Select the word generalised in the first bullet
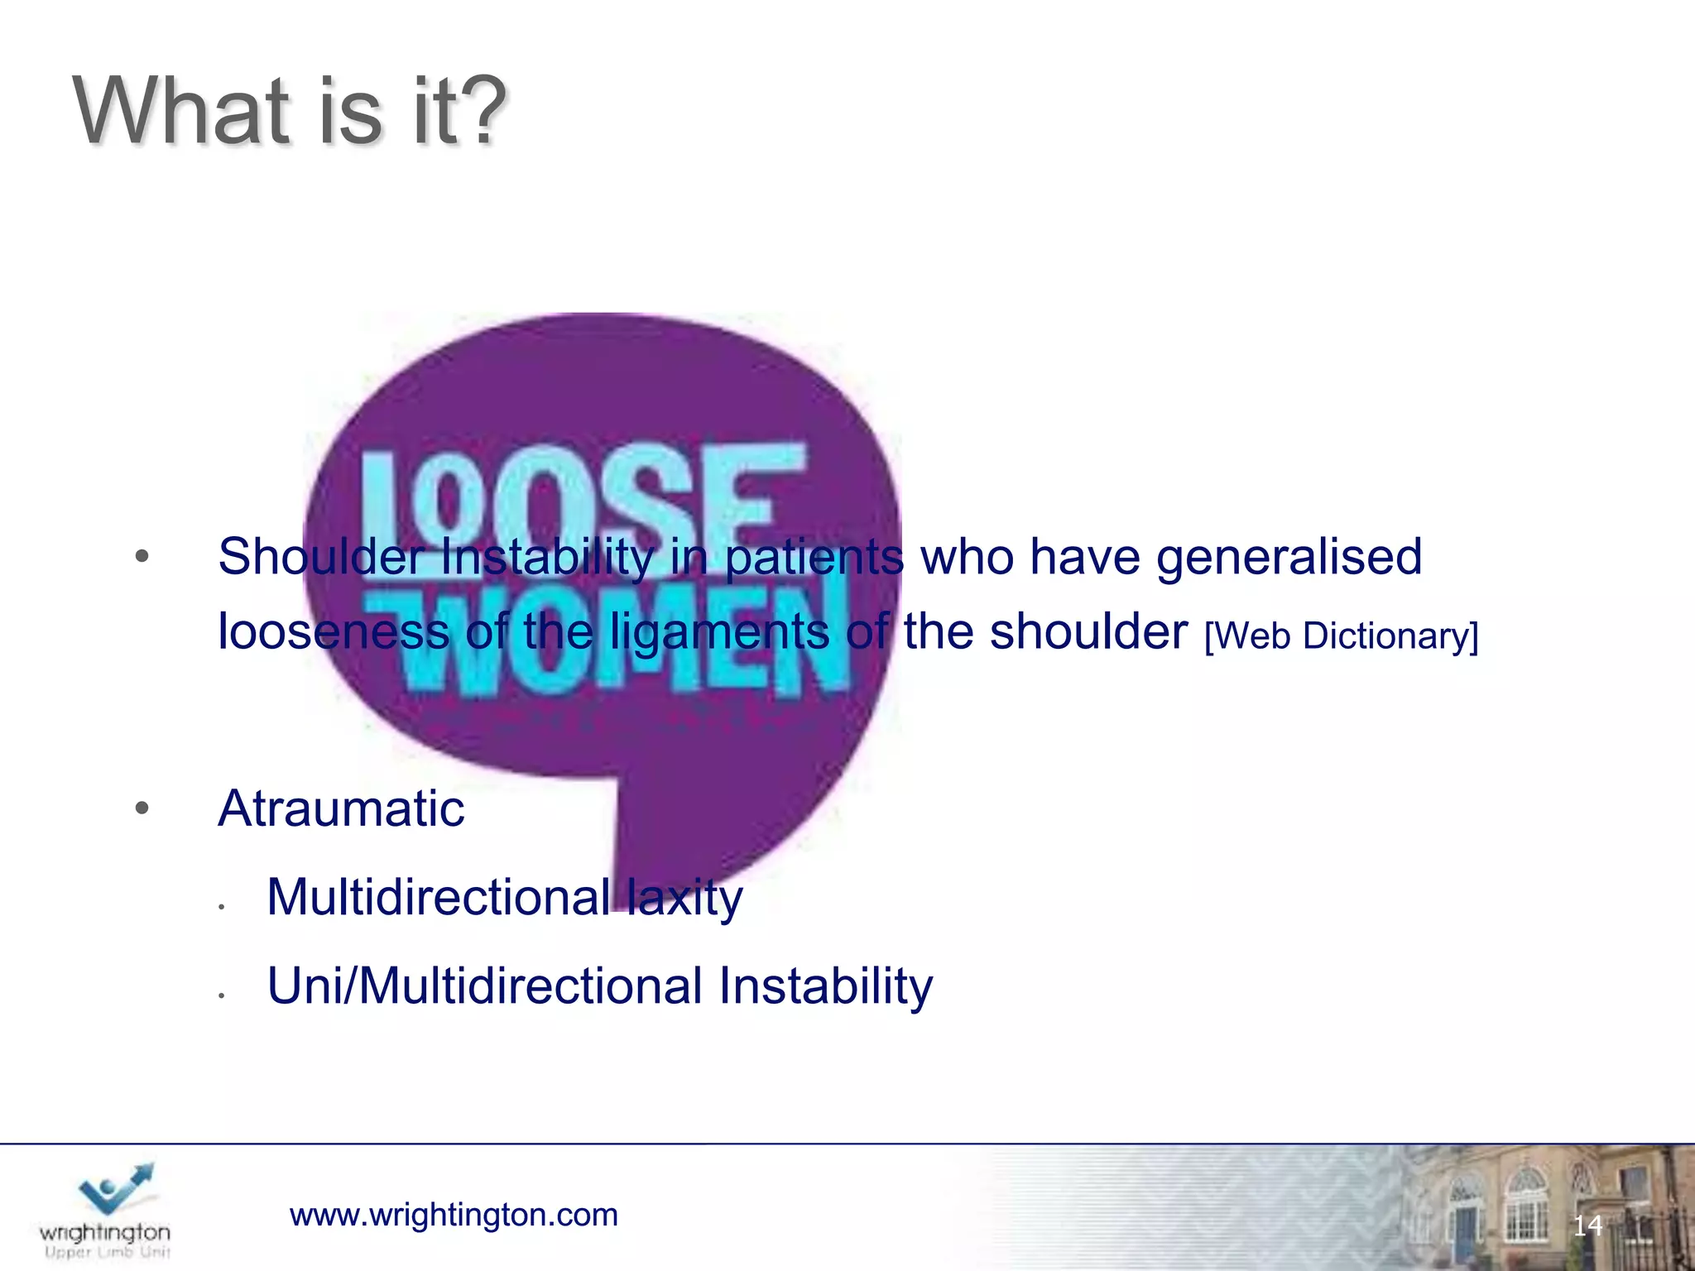(x=1289, y=557)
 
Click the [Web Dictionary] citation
(x=1341, y=635)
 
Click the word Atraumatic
(x=341, y=808)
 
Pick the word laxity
(x=684, y=898)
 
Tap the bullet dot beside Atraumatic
(x=142, y=808)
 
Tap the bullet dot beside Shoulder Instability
(x=142, y=557)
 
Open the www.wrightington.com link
(x=454, y=1215)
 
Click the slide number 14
(x=1587, y=1225)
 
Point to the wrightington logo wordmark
(x=105, y=1233)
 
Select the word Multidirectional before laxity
(x=438, y=898)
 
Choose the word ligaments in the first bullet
(x=719, y=633)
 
